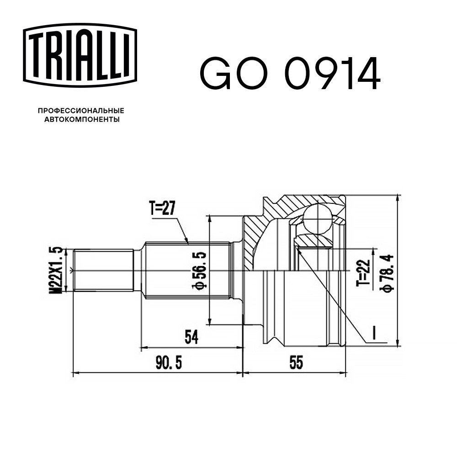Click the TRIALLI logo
click(x=80, y=55)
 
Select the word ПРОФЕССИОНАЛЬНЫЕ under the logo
click(x=81, y=111)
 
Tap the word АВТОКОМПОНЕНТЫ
click(x=82, y=119)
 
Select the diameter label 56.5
click(x=199, y=271)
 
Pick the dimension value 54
click(x=191, y=337)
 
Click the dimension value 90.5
click(x=169, y=363)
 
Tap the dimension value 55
click(x=297, y=362)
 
